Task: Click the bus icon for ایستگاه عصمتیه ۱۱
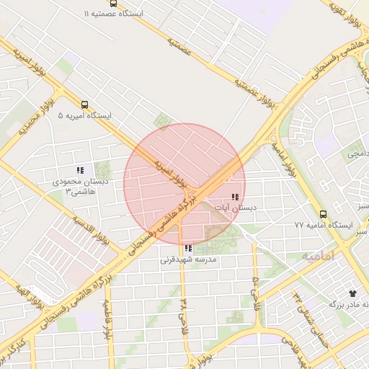(113, 3)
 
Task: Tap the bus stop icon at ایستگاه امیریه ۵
(85, 105)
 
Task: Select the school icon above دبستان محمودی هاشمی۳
(80, 171)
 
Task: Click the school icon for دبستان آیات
(235, 197)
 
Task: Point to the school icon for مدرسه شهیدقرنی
(188, 249)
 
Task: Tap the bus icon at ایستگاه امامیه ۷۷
(322, 214)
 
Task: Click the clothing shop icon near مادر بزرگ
(352, 293)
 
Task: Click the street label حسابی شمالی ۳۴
(306, 316)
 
